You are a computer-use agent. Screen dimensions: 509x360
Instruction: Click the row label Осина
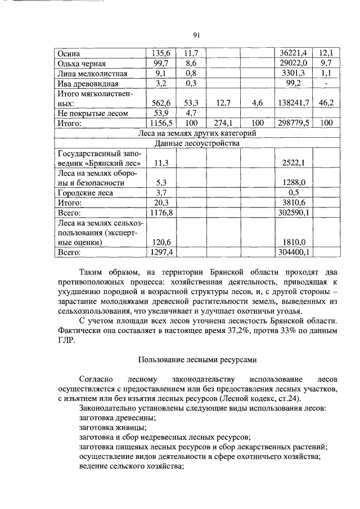click(70, 53)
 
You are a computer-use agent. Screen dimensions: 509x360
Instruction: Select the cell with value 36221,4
click(291, 53)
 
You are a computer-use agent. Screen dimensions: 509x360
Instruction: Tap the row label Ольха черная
click(82, 64)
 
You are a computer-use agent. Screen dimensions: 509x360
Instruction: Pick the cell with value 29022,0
click(291, 64)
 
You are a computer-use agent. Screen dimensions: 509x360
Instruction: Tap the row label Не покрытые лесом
click(93, 113)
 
